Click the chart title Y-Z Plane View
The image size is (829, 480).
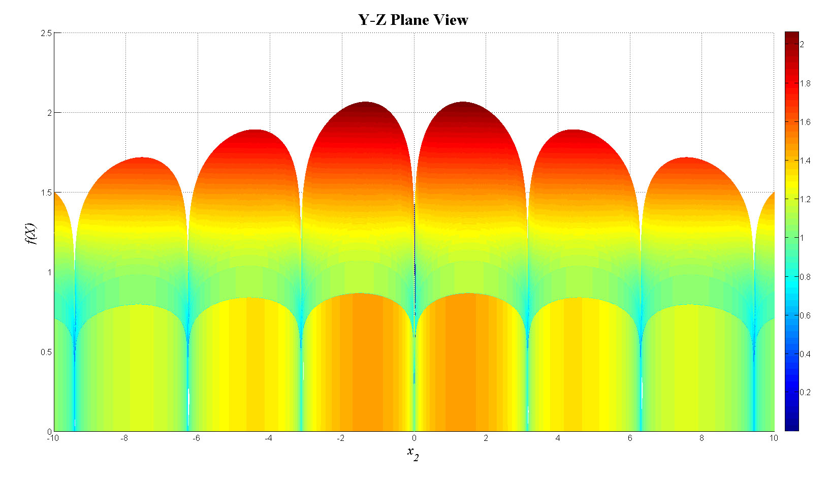(413, 20)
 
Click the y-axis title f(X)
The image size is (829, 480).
(31, 233)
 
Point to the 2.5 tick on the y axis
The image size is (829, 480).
(46, 33)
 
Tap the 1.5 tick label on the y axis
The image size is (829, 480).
(46, 193)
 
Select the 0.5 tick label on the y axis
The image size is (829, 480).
(46, 352)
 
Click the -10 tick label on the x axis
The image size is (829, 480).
(53, 438)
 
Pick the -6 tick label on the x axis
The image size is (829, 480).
(196, 438)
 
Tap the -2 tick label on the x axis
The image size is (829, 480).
(340, 438)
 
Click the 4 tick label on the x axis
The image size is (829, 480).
(558, 438)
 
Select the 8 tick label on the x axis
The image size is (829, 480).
(702, 438)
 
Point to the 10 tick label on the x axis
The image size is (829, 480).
(773, 438)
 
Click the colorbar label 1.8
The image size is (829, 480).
(805, 83)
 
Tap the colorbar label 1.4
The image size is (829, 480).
(805, 161)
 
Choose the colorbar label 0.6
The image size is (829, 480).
(805, 315)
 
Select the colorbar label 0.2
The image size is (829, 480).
(805, 392)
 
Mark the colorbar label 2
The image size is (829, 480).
(802, 44)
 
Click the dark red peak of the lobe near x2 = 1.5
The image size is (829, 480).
(463, 105)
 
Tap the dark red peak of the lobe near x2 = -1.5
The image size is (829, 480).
(365, 105)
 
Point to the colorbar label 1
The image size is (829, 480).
(802, 238)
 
